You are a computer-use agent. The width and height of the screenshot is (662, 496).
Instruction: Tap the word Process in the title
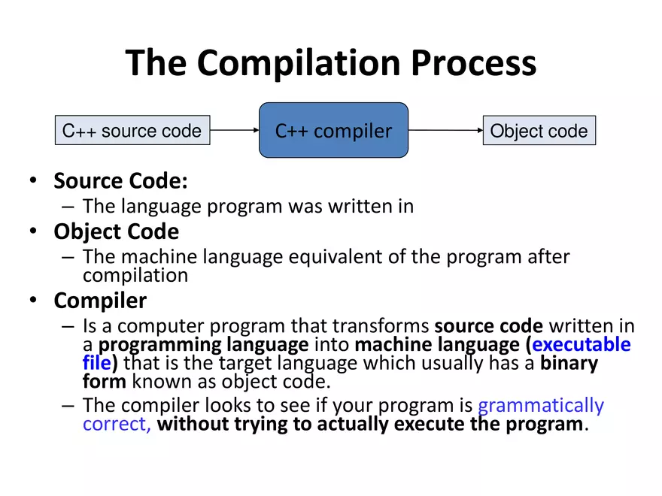[x=475, y=63]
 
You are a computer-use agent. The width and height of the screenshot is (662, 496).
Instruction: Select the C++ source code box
[x=132, y=131]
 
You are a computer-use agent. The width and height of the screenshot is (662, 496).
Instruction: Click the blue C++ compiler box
[x=333, y=131]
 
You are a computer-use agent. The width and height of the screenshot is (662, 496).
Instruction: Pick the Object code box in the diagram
[x=539, y=131]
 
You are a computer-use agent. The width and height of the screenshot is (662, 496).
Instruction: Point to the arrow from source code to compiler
[x=235, y=131]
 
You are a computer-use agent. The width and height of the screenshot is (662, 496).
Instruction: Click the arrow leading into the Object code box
[x=445, y=131]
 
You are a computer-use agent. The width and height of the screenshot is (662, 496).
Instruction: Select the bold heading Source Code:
[x=120, y=181]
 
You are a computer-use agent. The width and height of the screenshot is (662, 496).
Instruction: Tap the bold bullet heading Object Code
[x=116, y=231]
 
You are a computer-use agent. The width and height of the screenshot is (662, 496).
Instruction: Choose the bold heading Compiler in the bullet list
[x=100, y=301]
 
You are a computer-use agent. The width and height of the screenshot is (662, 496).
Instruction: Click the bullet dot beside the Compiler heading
[x=32, y=301]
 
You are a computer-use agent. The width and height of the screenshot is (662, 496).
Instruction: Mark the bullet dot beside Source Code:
[x=32, y=182]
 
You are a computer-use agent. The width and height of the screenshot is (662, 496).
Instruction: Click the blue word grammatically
[x=541, y=405]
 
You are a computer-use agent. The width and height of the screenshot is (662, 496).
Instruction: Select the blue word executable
[x=582, y=345]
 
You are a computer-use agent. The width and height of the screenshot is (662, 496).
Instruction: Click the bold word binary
[x=569, y=364]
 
